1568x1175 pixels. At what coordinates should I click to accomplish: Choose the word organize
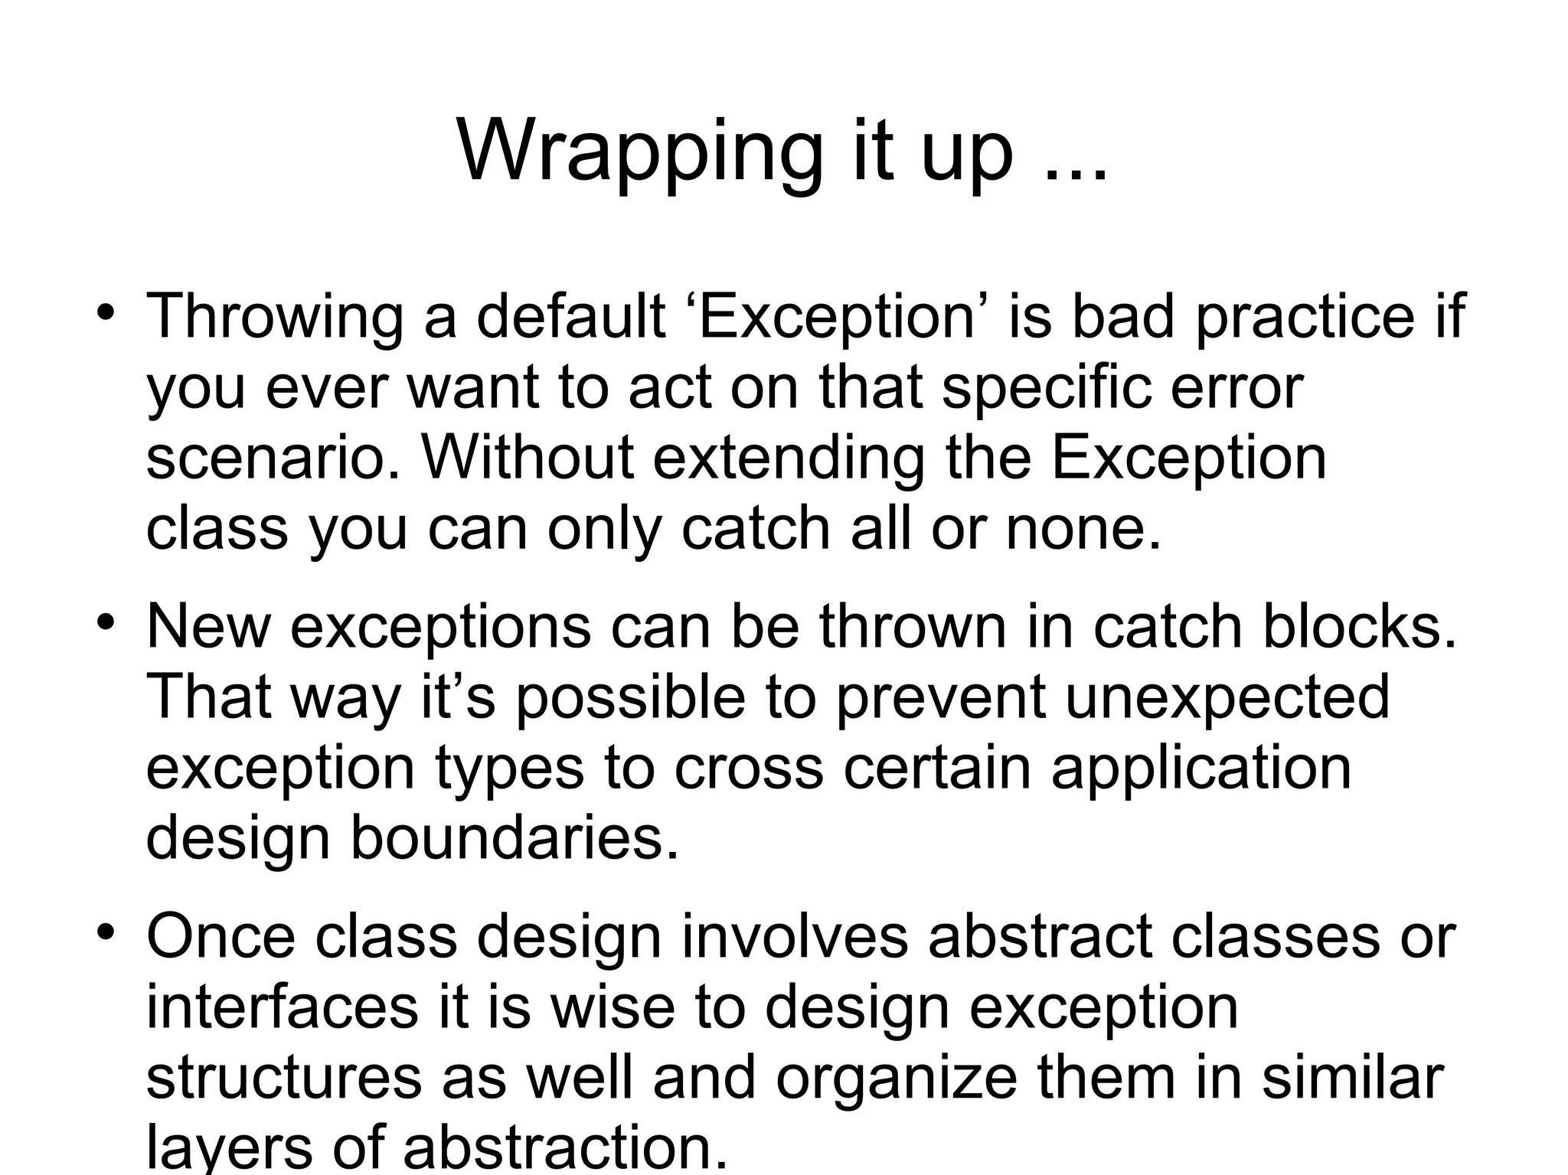896,1079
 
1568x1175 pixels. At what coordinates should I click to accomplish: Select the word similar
1352,1079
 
